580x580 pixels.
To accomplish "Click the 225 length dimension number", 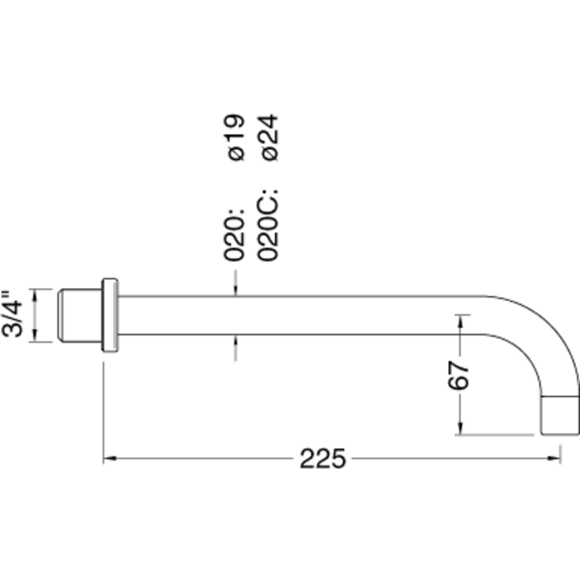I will point(323,458).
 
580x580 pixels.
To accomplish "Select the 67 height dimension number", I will point(459,376).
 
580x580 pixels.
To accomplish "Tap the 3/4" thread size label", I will point(13,315).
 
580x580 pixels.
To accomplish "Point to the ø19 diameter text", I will point(235,138).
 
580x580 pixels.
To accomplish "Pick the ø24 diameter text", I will point(269,138).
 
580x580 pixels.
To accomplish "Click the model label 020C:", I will point(269,225).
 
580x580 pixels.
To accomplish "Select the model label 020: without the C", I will point(235,233).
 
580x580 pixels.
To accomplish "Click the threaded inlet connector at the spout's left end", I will point(80,316).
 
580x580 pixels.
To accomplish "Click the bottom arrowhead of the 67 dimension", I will point(460,429).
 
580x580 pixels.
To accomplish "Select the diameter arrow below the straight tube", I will point(235,341).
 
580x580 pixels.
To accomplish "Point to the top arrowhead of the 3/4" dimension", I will point(34,294).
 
